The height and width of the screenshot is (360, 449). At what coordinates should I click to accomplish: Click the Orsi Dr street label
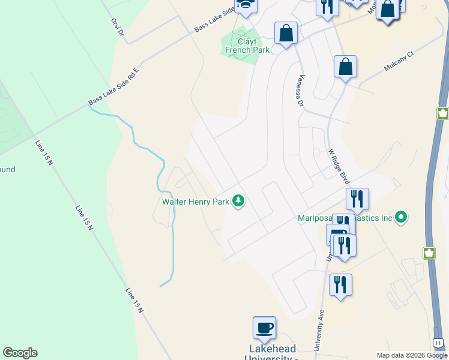[116, 26]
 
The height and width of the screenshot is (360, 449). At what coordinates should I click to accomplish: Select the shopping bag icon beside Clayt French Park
[286, 34]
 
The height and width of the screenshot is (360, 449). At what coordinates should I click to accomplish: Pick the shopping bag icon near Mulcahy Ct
[345, 67]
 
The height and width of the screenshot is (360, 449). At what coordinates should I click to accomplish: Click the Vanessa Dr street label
[300, 90]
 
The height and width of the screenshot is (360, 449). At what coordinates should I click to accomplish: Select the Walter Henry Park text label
[196, 202]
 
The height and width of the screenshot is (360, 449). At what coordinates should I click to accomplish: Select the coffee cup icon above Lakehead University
[264, 328]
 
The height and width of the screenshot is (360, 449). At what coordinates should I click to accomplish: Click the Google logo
[20, 353]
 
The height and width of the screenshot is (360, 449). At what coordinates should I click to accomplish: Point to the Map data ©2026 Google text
[412, 355]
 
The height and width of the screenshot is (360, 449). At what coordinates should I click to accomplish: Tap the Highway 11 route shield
[439, 342]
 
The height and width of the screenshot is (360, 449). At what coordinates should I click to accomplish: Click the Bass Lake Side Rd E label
[113, 87]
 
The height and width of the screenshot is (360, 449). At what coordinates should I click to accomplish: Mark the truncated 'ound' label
[7, 170]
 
